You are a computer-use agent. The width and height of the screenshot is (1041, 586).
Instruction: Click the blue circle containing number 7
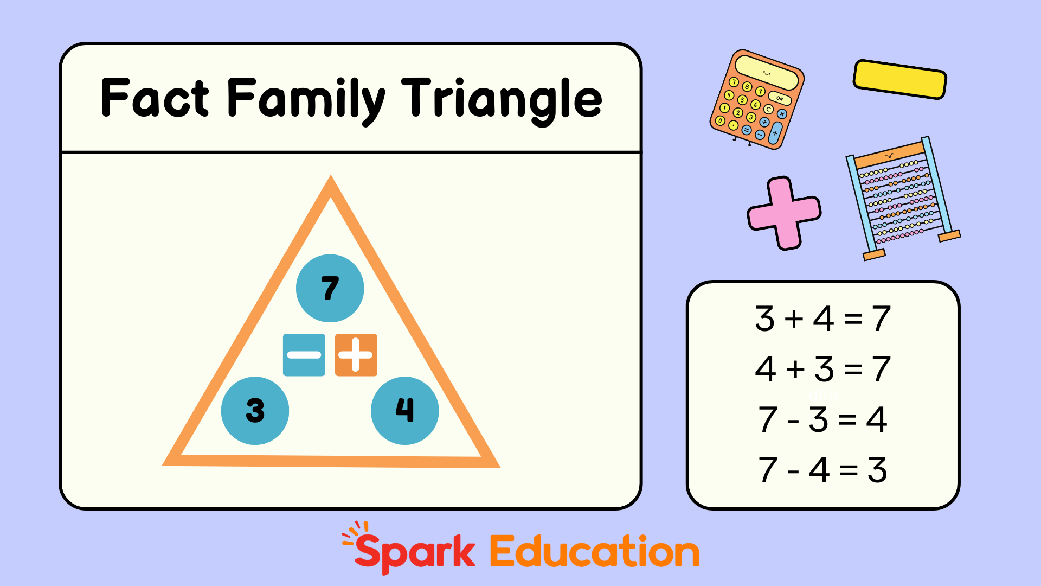tap(330, 288)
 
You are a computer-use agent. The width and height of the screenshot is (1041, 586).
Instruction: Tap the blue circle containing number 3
tap(255, 411)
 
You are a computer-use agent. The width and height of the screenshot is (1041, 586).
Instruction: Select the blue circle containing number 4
tap(404, 411)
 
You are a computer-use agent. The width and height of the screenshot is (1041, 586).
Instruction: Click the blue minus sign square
tap(304, 355)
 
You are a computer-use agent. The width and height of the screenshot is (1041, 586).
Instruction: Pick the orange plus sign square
tap(356, 355)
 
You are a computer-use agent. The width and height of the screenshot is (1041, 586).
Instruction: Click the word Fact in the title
tap(155, 98)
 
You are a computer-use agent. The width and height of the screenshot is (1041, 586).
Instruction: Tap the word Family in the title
tap(306, 100)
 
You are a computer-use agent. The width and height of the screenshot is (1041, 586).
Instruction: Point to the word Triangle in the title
tap(502, 100)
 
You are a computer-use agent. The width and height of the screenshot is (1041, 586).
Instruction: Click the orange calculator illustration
tap(757, 100)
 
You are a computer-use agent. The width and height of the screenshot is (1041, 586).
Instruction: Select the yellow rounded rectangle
tap(900, 79)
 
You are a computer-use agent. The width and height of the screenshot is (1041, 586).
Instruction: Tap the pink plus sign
tap(784, 213)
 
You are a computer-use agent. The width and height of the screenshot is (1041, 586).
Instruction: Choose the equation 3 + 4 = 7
tap(822, 319)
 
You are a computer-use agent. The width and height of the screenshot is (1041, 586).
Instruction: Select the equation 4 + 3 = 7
tap(822, 369)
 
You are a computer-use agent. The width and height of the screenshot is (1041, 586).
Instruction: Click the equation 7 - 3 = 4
tap(822, 419)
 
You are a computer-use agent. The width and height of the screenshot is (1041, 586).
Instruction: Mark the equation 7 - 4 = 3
tap(822, 470)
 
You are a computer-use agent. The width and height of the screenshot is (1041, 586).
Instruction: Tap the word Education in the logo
tap(595, 552)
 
